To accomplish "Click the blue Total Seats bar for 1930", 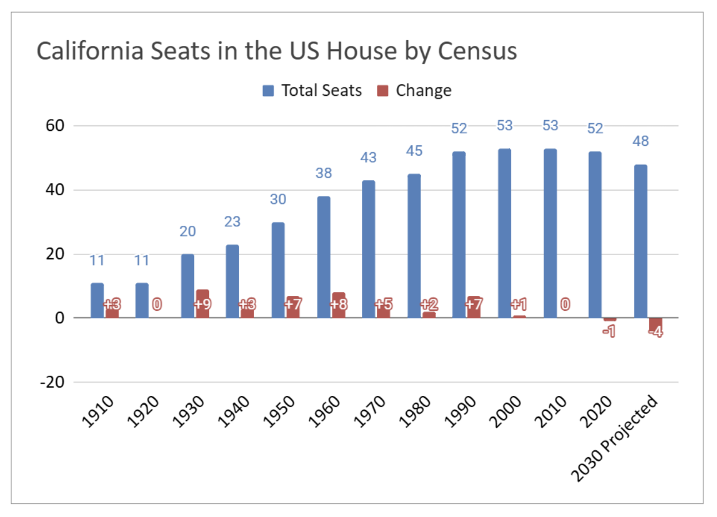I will pos(188,285).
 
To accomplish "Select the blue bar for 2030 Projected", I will pos(641,241).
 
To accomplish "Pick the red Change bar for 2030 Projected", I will pos(655,325).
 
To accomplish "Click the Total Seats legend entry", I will pos(313,91).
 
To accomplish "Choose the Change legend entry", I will pos(415,91).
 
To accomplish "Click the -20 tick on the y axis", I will pos(51,382).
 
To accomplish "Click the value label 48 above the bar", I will pos(640,141).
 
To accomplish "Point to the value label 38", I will pos(323,173).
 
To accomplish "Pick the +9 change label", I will pos(202,304).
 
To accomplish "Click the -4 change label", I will pos(655,332).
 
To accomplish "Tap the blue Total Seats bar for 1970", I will pos(369,249).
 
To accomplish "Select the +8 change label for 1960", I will pos(338,304).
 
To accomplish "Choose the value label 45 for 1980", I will pos(414,151).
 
